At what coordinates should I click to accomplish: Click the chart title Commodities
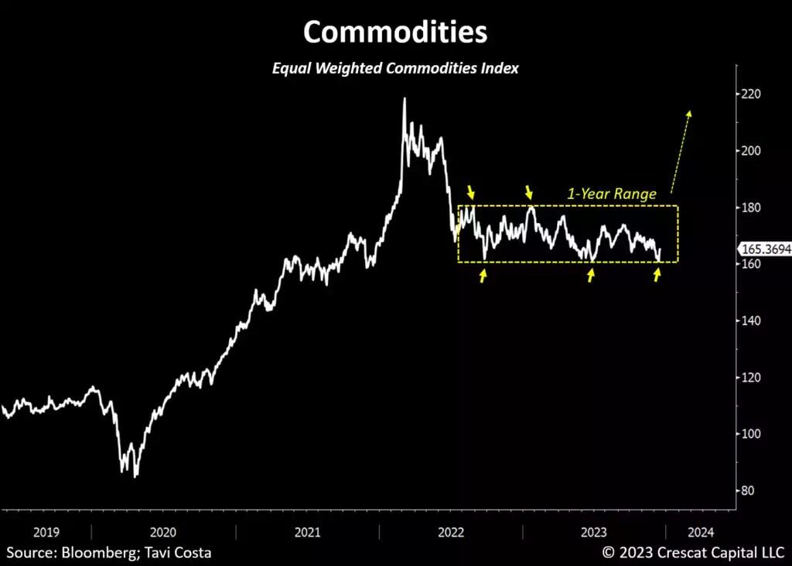click(x=395, y=33)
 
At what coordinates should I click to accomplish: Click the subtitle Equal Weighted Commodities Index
click(x=395, y=68)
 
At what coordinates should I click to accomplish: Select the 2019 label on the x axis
click(x=46, y=532)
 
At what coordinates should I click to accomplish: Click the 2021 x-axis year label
click(x=307, y=532)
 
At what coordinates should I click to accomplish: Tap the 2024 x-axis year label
click(x=701, y=532)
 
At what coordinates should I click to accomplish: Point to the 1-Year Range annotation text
click(x=612, y=194)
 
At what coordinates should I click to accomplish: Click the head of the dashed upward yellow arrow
click(x=690, y=113)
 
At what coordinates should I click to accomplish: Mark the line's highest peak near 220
click(x=404, y=98)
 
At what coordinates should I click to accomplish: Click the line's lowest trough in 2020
click(x=136, y=476)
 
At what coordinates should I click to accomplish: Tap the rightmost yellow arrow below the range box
click(x=657, y=274)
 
